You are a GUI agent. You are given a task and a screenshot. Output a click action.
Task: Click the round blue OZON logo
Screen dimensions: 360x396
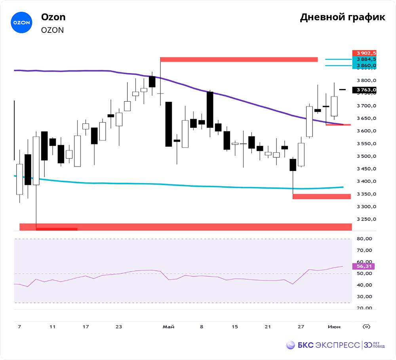pos(21,23)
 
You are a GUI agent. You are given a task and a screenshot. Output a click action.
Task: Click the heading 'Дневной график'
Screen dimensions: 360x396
pos(343,17)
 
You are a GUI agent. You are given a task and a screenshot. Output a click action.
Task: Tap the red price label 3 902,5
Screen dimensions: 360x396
pos(364,53)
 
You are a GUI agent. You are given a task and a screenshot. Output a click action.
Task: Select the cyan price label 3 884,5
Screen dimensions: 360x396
pos(364,59)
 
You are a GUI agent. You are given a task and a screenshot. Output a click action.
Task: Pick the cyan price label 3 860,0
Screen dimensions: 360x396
pos(364,65)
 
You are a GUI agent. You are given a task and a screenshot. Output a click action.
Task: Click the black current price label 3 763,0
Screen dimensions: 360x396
pos(364,90)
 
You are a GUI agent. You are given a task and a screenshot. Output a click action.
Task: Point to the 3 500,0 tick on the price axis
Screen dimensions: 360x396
pos(366,156)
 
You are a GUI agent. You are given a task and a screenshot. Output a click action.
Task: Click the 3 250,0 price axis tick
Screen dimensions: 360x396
pos(366,219)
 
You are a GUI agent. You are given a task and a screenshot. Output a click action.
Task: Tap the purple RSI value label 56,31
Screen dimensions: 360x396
pos(364,267)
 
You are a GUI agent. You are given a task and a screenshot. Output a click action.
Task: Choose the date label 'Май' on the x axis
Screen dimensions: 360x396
pos(168,327)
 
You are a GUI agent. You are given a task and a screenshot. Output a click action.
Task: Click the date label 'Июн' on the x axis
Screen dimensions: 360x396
pos(333,327)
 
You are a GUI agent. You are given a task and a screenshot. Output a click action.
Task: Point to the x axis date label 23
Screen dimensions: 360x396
pos(119,327)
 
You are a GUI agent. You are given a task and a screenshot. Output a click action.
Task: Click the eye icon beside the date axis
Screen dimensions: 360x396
pos(367,327)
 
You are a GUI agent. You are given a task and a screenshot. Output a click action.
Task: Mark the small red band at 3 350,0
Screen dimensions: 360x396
pos(322,196)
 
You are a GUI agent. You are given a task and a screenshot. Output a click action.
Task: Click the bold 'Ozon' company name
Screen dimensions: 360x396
pos(53,17)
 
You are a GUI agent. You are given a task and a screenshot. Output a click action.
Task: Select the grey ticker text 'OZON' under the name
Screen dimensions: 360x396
pos(52,30)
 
